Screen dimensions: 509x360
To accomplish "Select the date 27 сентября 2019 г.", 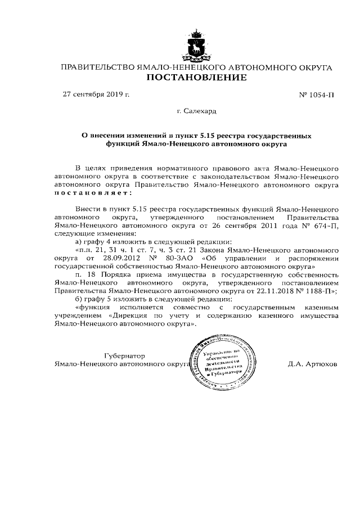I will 96,94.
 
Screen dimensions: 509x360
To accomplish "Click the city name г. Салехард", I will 196,111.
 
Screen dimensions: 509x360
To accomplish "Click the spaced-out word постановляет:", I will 92,192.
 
